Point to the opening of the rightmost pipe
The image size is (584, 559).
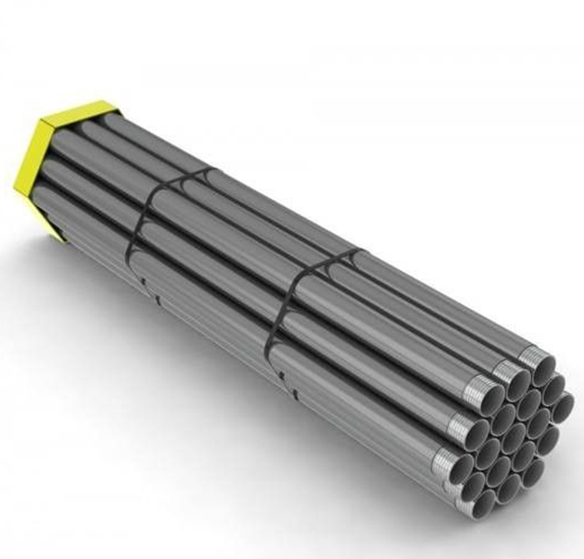562,407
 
